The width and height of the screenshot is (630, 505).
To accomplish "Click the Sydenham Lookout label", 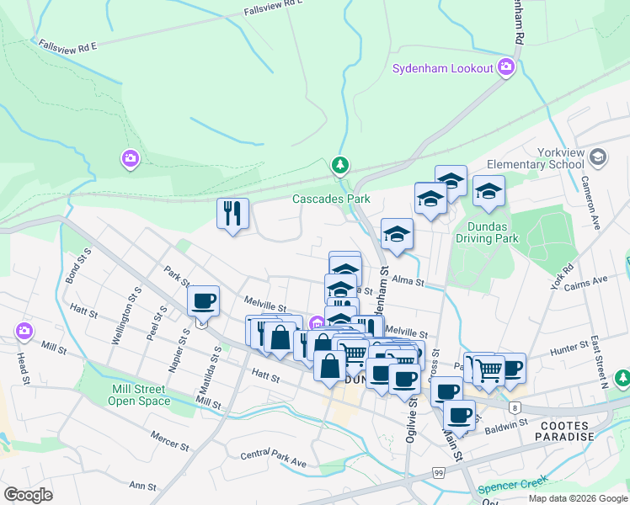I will tap(442, 68).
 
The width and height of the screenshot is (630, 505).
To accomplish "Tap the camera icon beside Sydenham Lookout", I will tap(505, 67).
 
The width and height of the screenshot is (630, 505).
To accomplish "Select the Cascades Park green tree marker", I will tap(339, 165).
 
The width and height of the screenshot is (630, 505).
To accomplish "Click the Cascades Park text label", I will tap(331, 199).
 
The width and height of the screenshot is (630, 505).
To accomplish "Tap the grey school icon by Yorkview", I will tap(598, 157).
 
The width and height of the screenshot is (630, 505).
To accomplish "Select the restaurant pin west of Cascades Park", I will tap(232, 213).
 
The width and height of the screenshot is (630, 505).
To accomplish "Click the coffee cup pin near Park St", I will tap(204, 300).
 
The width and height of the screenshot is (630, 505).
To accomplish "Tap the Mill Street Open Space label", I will tap(139, 395).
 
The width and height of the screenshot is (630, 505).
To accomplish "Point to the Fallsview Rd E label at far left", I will tap(68, 46).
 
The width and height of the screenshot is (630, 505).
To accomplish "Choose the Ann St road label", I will tap(142, 486).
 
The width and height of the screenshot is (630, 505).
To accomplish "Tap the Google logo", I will tap(28, 495).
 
